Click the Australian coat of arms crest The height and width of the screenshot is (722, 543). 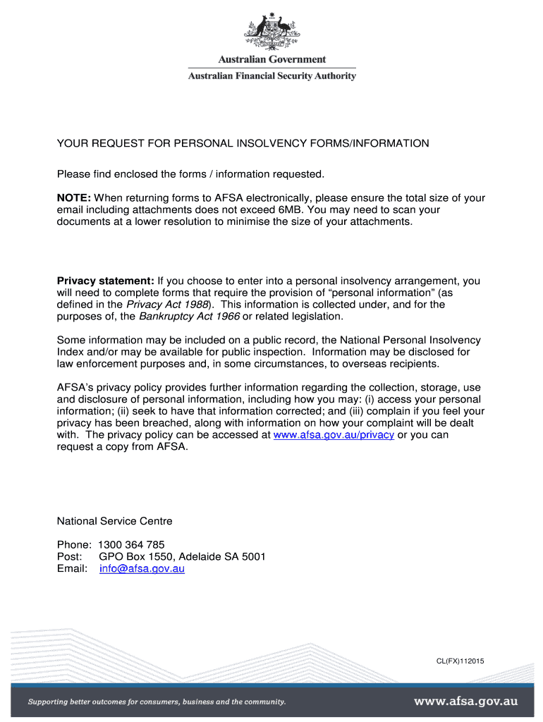click(x=271, y=32)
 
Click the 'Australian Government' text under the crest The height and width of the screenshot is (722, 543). click(x=271, y=60)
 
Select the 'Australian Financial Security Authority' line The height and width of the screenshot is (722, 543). click(x=271, y=76)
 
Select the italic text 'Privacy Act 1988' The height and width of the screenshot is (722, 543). click(x=162, y=305)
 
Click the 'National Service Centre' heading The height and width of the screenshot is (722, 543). click(x=114, y=522)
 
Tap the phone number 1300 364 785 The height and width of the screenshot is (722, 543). click(x=131, y=545)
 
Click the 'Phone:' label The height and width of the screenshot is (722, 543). click(x=73, y=545)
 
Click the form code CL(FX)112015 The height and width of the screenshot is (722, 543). click(x=459, y=661)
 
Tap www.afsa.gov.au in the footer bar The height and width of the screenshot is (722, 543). click(x=465, y=702)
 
